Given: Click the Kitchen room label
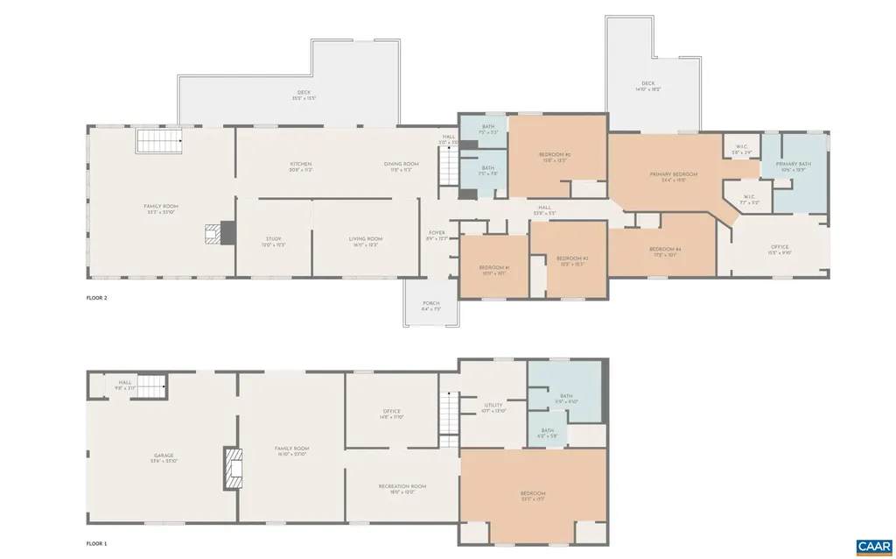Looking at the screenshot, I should (301, 164).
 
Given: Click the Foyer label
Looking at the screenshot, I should (436, 233).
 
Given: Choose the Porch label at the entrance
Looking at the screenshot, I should (430, 303).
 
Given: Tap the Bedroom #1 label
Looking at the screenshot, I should (493, 267).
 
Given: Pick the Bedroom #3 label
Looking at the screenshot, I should (572, 258).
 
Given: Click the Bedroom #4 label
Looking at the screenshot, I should (665, 250).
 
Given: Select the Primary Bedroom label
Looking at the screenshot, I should (668, 174).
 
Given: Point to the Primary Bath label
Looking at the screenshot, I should (793, 164).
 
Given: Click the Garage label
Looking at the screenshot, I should (164, 456).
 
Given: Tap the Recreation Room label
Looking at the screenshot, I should (402, 486).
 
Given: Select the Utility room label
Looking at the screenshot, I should (493, 406).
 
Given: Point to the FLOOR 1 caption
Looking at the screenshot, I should (97, 543).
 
